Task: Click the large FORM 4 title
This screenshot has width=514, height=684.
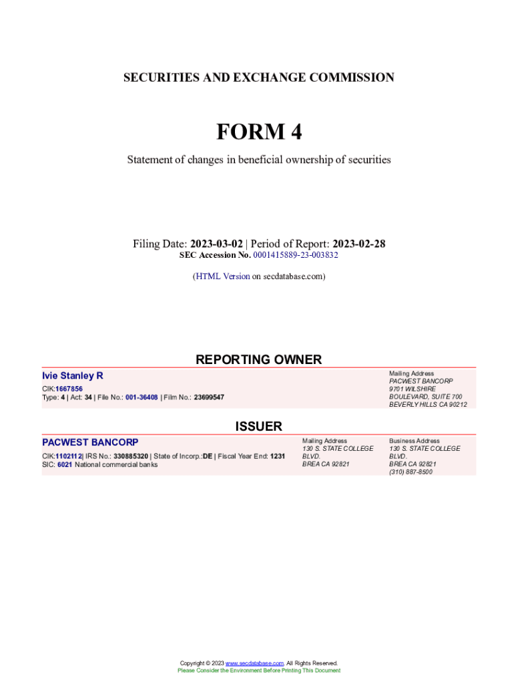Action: click(x=258, y=132)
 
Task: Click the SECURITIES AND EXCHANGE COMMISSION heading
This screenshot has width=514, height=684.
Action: click(x=258, y=78)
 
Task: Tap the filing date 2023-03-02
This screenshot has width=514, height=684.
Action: click(x=216, y=244)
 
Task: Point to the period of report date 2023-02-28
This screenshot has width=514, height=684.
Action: click(x=358, y=244)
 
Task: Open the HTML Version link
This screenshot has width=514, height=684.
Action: click(x=222, y=276)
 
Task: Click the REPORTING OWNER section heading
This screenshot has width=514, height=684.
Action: click(x=258, y=359)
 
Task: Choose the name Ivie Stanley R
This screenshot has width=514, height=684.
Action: click(x=73, y=376)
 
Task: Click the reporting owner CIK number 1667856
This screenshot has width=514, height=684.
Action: click(x=69, y=389)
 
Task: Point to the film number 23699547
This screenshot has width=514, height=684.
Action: click(x=209, y=397)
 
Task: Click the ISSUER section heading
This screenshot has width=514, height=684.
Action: click(x=258, y=426)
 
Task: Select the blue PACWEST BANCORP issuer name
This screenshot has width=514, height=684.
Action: click(x=90, y=443)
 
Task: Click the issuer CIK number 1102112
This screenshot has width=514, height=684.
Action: click(x=68, y=456)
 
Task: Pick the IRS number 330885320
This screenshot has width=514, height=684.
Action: click(x=131, y=456)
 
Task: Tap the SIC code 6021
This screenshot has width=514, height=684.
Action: click(x=65, y=464)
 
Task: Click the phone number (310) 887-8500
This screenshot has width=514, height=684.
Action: click(x=411, y=472)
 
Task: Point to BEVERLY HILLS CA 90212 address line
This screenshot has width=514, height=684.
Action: click(x=428, y=404)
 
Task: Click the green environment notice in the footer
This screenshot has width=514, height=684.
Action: click(x=258, y=671)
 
